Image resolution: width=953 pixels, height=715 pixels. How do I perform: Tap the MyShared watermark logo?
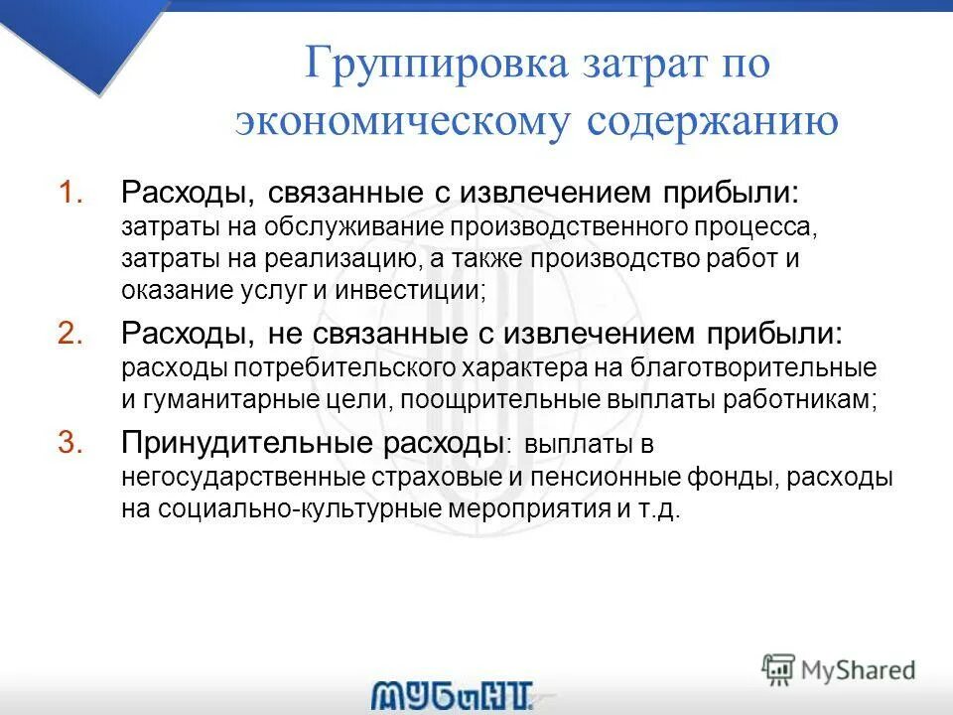point(839,668)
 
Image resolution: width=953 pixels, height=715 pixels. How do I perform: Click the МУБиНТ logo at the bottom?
point(454,694)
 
